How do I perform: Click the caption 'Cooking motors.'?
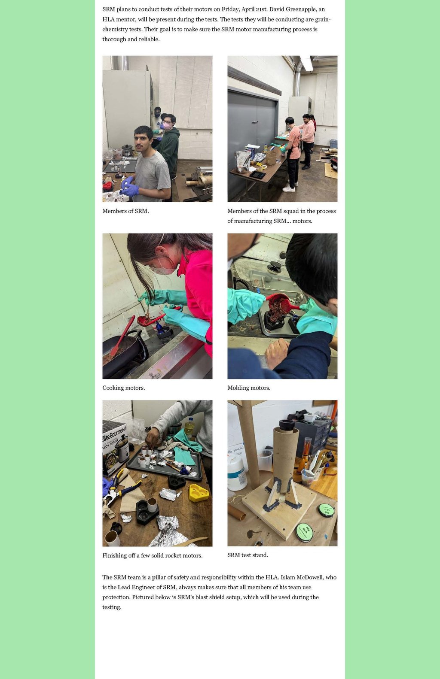123,388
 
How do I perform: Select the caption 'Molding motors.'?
249,388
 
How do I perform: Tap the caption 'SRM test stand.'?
247,555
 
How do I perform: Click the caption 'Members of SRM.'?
125,211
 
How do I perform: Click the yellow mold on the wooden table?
199,492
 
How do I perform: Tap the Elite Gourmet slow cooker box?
115,447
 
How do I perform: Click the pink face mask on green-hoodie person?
167,125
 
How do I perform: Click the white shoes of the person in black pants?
289,187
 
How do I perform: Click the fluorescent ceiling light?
306,63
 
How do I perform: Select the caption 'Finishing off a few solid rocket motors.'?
153,556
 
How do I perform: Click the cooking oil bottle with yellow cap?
190,427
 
